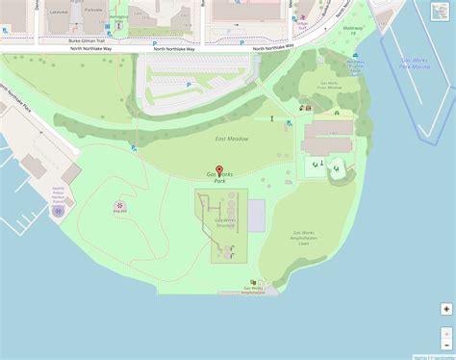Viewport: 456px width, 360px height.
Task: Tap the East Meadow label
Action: pos(231,140)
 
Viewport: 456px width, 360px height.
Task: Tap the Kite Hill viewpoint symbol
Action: pos(119,205)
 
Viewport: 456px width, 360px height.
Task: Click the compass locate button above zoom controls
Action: pos(446,309)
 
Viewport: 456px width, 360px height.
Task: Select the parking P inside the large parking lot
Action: pos(188,85)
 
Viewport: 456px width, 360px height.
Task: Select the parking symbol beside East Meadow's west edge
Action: pos(134,147)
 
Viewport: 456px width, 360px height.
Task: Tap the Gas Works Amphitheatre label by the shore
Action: pos(255,290)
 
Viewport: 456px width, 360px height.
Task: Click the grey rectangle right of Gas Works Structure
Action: pos(257,215)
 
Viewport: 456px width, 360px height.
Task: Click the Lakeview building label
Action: pos(60,13)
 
